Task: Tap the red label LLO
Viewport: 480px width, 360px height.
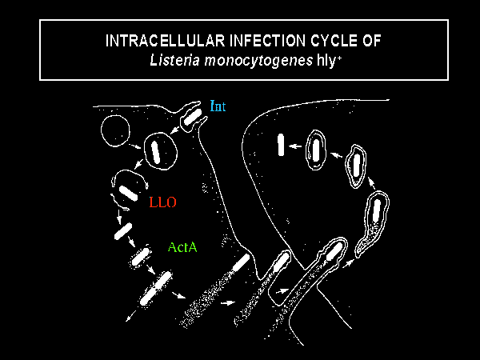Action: (x=164, y=203)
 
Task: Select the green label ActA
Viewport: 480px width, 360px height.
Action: (x=182, y=248)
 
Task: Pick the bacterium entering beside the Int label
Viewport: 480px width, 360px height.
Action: (x=193, y=118)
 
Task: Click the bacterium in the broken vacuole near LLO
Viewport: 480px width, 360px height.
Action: (x=128, y=191)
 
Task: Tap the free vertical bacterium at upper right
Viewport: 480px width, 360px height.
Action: (x=282, y=145)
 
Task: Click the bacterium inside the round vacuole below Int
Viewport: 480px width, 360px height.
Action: (x=156, y=151)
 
